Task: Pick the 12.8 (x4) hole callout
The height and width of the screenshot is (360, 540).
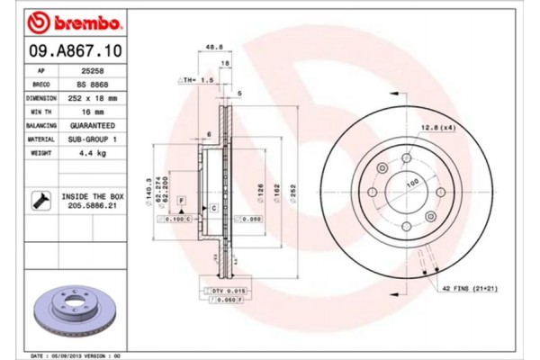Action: [437, 129]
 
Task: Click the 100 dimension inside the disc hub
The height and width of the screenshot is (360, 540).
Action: [414, 184]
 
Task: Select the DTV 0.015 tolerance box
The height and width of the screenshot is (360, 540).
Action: [227, 291]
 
